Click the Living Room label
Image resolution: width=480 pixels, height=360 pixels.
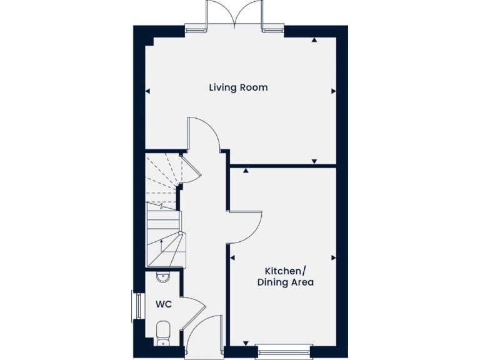238,87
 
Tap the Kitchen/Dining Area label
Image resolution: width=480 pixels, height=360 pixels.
285,276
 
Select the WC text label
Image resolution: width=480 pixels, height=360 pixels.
164,305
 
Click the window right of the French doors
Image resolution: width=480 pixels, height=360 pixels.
272,27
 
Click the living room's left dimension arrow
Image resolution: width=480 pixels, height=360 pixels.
147,91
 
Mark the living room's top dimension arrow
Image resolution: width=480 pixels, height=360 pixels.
314,39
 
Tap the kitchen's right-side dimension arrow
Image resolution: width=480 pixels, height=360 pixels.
333,257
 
